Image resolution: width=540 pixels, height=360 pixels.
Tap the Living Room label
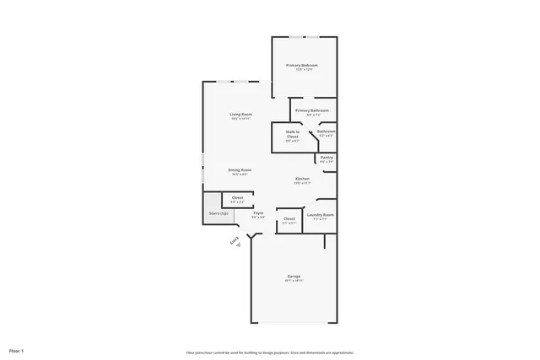coord(240,114)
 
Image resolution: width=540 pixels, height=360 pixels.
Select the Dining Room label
coord(240,169)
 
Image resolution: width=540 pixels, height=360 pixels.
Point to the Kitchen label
coord(301,178)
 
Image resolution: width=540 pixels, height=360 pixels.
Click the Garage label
coord(294,276)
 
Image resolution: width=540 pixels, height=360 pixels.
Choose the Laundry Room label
coord(321,214)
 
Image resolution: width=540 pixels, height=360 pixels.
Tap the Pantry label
coord(327,157)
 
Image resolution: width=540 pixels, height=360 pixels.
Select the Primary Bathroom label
coord(311,110)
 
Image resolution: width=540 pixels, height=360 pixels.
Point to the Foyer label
coord(258,212)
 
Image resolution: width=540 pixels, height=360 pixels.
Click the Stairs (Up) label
coord(219,213)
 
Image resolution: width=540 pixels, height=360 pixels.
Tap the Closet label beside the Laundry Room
coord(289,218)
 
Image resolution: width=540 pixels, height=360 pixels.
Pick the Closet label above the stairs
coord(238,197)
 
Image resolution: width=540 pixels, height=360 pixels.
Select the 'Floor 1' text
coord(16,350)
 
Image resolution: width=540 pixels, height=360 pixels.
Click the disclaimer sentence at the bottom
coord(269,352)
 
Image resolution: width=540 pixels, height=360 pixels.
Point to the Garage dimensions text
coord(294,281)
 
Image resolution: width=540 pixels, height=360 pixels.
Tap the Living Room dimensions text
coord(240,119)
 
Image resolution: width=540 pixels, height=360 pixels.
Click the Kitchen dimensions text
coord(301,183)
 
